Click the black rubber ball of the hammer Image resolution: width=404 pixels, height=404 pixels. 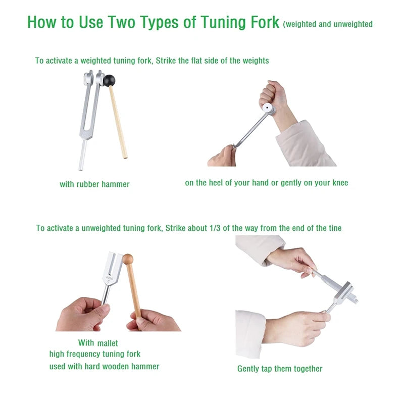pos(110,80)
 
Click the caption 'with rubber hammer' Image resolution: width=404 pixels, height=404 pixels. pos(94,184)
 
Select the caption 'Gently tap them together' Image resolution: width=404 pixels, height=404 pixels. pos(280,369)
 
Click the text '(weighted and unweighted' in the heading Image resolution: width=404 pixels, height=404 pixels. pos(328,24)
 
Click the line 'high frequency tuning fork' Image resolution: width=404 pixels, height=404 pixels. pos(95,354)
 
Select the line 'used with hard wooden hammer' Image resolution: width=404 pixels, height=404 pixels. pos(104,366)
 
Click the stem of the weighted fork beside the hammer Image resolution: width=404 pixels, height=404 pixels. pos(82,154)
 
